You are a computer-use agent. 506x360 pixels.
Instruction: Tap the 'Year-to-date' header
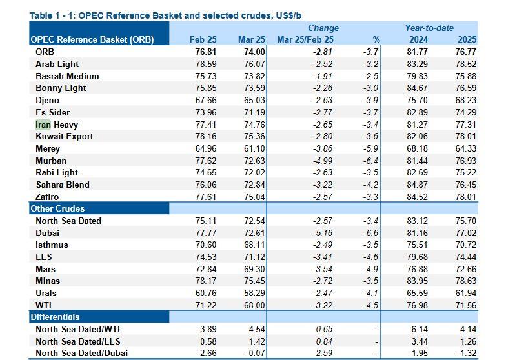429,28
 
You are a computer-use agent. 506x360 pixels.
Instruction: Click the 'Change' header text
323,28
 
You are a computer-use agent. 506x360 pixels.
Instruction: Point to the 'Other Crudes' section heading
57,208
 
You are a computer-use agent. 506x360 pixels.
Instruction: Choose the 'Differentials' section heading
55,317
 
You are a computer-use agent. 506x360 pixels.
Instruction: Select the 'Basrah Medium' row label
67,76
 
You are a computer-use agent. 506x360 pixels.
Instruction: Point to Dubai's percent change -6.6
372,233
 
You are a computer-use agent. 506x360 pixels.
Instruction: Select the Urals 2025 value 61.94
464,293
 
